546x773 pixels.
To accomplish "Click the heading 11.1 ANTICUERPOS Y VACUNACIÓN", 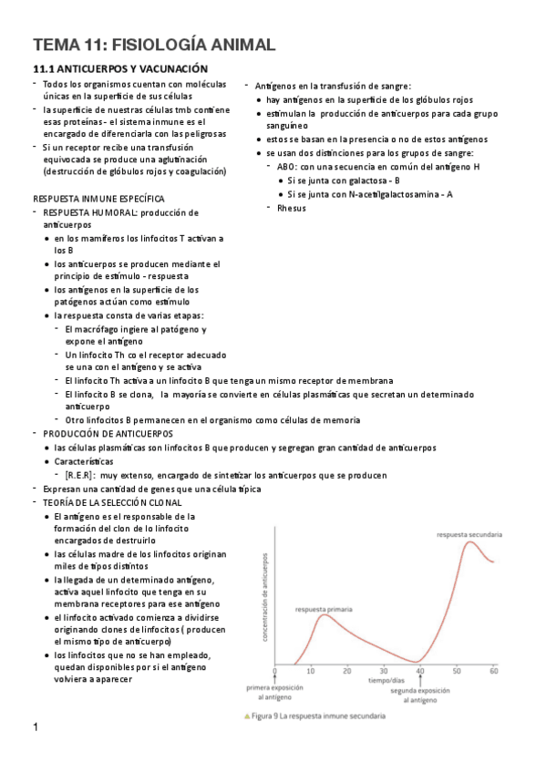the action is tap(121, 69).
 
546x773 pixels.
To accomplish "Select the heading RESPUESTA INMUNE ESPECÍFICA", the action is tap(98, 198).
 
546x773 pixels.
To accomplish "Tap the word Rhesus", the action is tap(292, 208).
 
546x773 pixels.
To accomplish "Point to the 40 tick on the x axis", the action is tap(420, 671).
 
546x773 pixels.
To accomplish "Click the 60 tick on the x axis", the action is tap(493, 671).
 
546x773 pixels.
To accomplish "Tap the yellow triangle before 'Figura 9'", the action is tap(247, 716).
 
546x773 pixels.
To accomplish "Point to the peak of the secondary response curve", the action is tap(470, 543).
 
